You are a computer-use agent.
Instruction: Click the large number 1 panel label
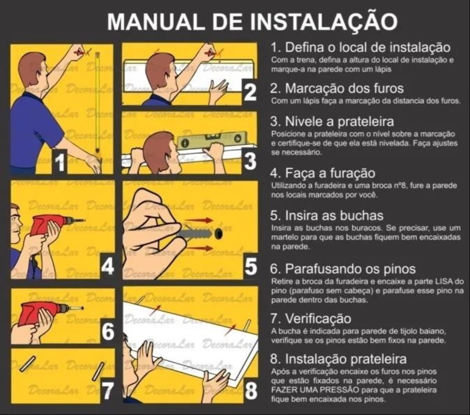pyautogui.click(x=60, y=162)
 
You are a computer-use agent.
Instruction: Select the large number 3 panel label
pyautogui.click(x=250, y=161)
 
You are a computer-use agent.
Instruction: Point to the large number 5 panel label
pyautogui.click(x=251, y=267)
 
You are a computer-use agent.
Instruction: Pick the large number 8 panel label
pyautogui.click(x=251, y=391)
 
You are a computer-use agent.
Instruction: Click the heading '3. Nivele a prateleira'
pyautogui.click(x=332, y=121)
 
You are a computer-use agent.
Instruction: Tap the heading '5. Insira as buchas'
pyautogui.click(x=327, y=215)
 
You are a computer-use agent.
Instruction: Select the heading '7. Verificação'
pyautogui.click(x=311, y=318)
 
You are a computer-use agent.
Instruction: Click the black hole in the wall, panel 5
pyautogui.click(x=219, y=233)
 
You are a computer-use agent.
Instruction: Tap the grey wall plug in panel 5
pyautogui.click(x=196, y=233)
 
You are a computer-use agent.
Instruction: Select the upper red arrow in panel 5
pyautogui.click(x=199, y=220)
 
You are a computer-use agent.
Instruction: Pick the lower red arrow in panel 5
pyautogui.click(x=199, y=248)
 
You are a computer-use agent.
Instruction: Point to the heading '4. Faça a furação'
pyautogui.click(x=322, y=173)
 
